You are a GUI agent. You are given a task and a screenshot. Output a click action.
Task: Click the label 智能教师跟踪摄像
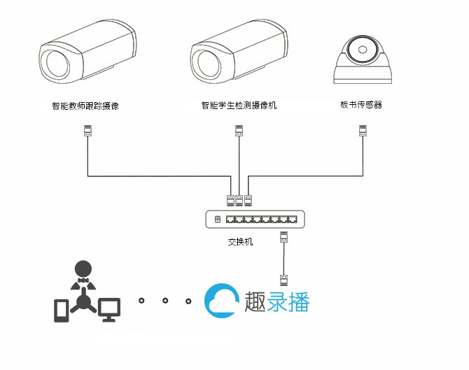[x=86, y=106]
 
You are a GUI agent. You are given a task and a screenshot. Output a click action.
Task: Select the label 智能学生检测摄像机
[x=239, y=106]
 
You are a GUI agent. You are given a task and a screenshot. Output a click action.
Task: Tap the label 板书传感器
[x=361, y=105]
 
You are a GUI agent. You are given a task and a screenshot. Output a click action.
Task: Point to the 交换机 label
[x=240, y=242]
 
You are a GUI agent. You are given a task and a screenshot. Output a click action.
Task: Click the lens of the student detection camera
[x=209, y=64]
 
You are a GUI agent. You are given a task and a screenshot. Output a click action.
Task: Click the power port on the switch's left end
[x=217, y=219]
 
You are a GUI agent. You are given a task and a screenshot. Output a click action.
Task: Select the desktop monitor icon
[x=109, y=308]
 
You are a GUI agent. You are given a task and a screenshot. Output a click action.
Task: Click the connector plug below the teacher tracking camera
[x=87, y=131]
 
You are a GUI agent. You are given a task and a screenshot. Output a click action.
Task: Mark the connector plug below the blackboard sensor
[x=363, y=131]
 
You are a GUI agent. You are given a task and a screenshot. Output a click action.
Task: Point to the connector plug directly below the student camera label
[x=239, y=131]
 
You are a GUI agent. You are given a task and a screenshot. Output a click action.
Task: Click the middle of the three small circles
[x=164, y=301]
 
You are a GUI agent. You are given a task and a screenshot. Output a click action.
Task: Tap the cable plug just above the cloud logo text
[x=283, y=280]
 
